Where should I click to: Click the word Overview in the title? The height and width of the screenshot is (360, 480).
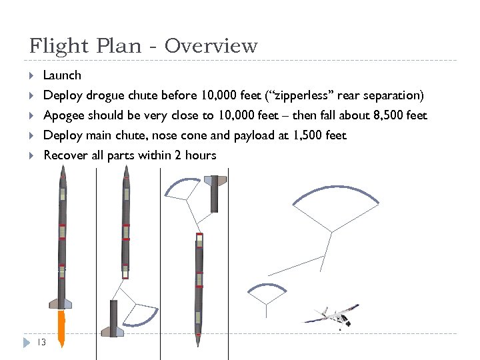pos(211,46)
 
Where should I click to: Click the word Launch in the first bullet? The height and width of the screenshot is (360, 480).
pos(62,75)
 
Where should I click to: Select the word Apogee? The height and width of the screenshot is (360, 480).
pos(65,115)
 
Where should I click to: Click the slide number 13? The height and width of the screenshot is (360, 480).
pos(41,342)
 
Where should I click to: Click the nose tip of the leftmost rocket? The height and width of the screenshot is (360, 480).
pos(62,170)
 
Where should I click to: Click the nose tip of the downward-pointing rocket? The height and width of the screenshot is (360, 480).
pos(198,344)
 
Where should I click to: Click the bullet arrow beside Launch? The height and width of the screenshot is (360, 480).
pos(31,75)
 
